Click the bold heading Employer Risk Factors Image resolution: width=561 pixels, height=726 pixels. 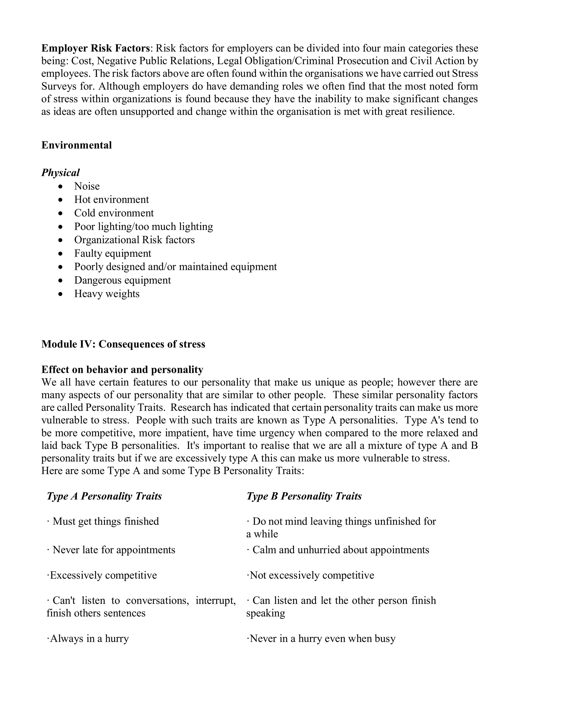click(96, 48)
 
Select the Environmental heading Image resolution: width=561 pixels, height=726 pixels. click(76, 145)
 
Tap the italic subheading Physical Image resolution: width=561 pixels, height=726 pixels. click(61, 173)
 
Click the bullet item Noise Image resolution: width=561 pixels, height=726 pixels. click(87, 186)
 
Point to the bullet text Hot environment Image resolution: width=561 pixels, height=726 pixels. click(111, 199)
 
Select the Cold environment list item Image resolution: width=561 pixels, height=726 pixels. click(114, 213)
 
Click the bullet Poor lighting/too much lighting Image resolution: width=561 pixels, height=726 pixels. click(143, 226)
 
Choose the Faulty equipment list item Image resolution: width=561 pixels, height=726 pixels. click(113, 253)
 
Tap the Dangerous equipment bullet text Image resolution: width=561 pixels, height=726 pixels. click(122, 280)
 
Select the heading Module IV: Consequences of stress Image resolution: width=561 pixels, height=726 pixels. click(123, 344)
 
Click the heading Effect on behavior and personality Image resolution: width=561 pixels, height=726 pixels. click(122, 370)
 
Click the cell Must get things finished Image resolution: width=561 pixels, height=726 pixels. click(105, 521)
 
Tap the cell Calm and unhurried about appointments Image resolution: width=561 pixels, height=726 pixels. click(340, 550)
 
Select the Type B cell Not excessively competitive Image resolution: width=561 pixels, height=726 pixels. click(311, 575)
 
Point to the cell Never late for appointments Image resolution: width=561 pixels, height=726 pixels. click(113, 550)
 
